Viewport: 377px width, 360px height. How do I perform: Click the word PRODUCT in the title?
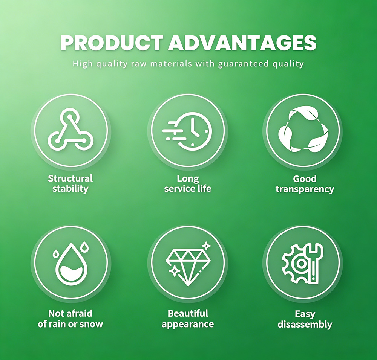(x=112, y=43)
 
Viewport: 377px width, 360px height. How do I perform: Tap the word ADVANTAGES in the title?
(x=242, y=43)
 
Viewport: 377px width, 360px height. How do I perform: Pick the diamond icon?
(x=188, y=267)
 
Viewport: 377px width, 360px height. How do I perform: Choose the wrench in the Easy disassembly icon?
(x=314, y=262)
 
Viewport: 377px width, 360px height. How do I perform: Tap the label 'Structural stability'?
(x=70, y=183)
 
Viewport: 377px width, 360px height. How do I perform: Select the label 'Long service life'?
(x=187, y=183)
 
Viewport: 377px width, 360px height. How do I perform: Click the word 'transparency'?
(x=305, y=189)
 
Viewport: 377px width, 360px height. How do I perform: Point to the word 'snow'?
(x=91, y=324)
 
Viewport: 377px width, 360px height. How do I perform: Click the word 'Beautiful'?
(x=188, y=313)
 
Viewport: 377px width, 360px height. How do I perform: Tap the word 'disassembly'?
(x=305, y=325)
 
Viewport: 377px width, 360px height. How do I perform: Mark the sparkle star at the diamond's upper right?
(x=206, y=246)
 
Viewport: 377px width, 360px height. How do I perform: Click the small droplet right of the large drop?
(x=84, y=247)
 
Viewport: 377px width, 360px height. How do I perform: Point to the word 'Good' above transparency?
(x=305, y=179)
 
